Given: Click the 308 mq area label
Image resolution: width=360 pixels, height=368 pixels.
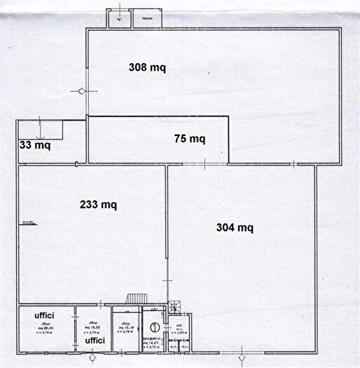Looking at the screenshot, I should pos(147,67).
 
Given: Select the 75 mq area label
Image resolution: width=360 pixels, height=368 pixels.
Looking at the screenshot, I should pos(189,139).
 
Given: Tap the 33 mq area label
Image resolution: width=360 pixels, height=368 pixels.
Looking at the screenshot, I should pos(34,146).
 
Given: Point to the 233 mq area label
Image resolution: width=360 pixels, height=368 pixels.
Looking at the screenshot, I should pos(98,205).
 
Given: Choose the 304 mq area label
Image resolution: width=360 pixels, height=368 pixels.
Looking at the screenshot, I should pos(235,227).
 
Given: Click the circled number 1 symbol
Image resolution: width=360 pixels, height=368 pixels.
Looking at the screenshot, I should pos(154,326).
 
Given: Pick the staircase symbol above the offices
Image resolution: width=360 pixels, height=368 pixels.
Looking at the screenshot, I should pos(134,299).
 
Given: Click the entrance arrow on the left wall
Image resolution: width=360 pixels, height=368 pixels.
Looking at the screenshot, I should pos(81,91).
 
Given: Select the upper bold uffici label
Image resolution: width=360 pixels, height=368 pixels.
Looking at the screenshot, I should pos(45,315).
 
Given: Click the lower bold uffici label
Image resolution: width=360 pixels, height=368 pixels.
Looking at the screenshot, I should pos(95,341).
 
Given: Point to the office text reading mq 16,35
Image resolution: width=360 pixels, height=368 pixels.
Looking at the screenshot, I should pos(92,327).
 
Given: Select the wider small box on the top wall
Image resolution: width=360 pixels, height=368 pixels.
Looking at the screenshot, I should pos(146,18).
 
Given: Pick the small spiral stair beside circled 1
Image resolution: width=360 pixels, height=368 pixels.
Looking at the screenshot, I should pos(174,306).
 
